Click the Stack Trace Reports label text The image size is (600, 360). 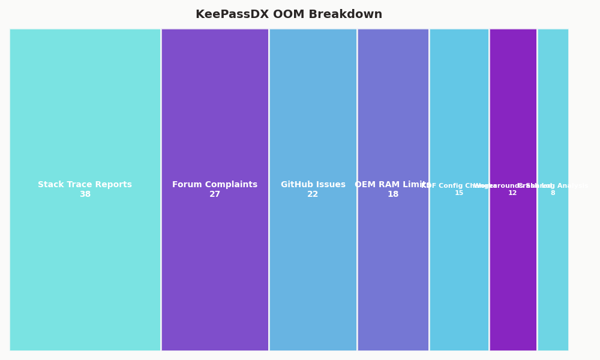click(x=85, y=185)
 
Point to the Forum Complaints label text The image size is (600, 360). click(x=215, y=185)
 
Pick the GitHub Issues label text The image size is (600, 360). click(x=313, y=185)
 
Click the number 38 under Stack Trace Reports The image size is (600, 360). click(x=85, y=194)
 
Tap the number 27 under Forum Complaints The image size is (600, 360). click(x=215, y=194)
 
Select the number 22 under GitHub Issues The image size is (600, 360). click(x=313, y=194)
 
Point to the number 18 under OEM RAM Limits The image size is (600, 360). click(x=393, y=194)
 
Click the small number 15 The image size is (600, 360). click(x=459, y=193)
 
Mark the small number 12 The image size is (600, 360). click(x=512, y=193)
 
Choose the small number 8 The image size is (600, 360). click(x=553, y=193)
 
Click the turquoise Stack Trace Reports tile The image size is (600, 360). click(x=85, y=108)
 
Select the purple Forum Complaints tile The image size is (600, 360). click(x=215, y=108)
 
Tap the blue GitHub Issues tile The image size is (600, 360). click(x=313, y=108)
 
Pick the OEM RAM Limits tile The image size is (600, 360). click(x=393, y=108)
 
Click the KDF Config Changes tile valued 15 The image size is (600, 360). click(x=459, y=108)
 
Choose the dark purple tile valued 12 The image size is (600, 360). click(x=513, y=108)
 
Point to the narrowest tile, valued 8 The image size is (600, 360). click(x=553, y=108)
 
